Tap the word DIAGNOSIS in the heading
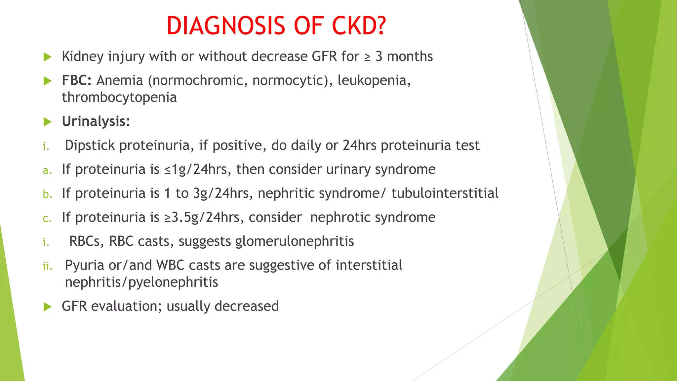226,26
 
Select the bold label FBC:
77,80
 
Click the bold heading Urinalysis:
96,121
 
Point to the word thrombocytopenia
119,98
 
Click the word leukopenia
374,80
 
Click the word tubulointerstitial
445,193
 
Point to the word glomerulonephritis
295,241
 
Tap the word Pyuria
84,265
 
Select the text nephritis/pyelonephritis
141,282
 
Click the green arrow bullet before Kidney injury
48,57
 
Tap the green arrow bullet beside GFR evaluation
48,307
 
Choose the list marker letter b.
47,194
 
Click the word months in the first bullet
410,57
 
